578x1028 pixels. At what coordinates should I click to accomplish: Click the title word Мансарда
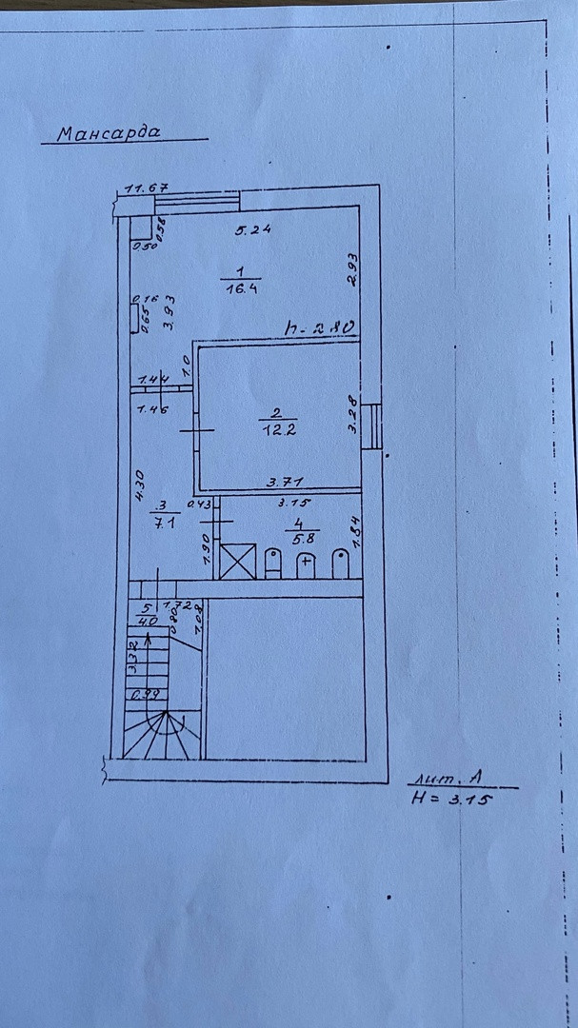pyautogui.click(x=108, y=133)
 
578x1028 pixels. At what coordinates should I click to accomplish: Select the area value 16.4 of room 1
pyautogui.click(x=240, y=288)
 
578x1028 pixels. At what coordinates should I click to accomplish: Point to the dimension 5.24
pyautogui.click(x=253, y=228)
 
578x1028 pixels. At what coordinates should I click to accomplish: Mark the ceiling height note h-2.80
pyautogui.click(x=320, y=328)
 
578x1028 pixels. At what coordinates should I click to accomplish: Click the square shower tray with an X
pyautogui.click(x=238, y=560)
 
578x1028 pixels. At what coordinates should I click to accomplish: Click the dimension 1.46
pyautogui.click(x=153, y=411)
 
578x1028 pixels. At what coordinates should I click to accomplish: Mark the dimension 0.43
pyautogui.click(x=198, y=504)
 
